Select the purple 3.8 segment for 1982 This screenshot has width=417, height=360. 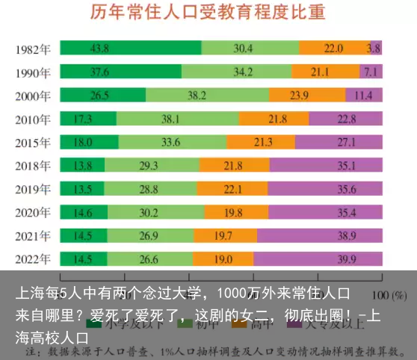[376, 48]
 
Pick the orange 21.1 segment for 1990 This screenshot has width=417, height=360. [325, 72]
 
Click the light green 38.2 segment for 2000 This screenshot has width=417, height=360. [207, 95]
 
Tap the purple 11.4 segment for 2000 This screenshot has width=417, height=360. [364, 95]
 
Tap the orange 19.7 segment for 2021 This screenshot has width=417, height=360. [225, 235]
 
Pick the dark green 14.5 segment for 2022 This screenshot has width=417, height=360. [83, 259]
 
